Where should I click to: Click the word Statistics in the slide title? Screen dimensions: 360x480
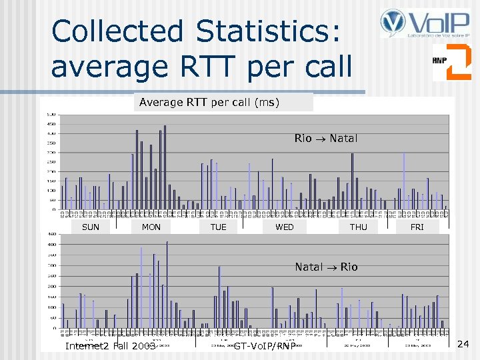pyautogui.click(x=268, y=31)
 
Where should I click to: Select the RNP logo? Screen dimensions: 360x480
pyautogui.click(x=451, y=62)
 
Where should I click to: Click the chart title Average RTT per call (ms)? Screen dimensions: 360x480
pyautogui.click(x=209, y=102)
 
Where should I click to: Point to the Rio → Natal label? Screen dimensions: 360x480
pyautogui.click(x=326, y=139)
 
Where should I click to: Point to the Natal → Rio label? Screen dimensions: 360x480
pyautogui.click(x=326, y=267)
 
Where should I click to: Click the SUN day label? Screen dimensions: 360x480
pyautogui.click(x=91, y=227)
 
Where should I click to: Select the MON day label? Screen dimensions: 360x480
pyautogui.click(x=151, y=227)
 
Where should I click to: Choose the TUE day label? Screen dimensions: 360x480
pyautogui.click(x=218, y=227)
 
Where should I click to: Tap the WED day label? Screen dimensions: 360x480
pyautogui.click(x=285, y=227)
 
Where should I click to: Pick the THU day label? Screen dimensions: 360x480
pyautogui.click(x=359, y=227)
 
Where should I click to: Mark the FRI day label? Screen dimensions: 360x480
pyautogui.click(x=417, y=227)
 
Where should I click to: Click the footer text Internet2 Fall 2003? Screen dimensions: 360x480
pyautogui.click(x=109, y=346)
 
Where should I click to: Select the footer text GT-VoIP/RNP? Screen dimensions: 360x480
pyautogui.click(x=265, y=346)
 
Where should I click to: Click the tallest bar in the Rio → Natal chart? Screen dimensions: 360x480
pyautogui.click(x=165, y=167)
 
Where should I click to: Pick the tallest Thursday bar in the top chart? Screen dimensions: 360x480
pyautogui.click(x=353, y=180)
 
